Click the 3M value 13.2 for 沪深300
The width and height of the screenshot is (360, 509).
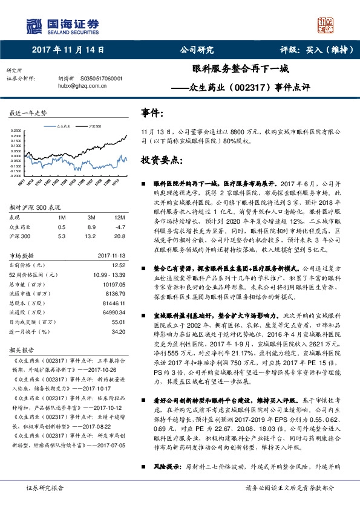(x=92, y=236)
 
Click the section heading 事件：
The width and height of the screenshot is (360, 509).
(x=152, y=112)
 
